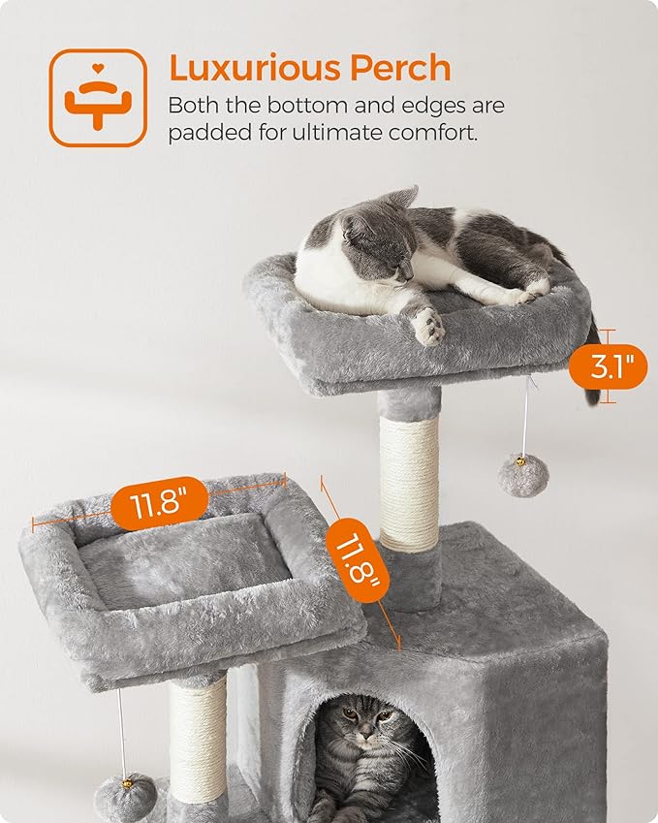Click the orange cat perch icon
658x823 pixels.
pos(98,98)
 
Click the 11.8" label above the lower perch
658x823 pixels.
pos(160,504)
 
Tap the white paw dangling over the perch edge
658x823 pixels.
pos(428,327)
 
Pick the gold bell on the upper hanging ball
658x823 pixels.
pos(521,462)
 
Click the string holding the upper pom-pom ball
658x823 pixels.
pos(526,417)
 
